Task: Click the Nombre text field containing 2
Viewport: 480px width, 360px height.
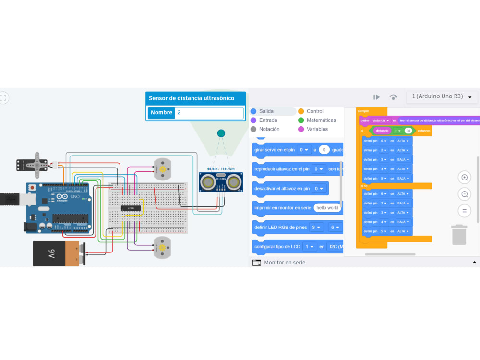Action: coord(209,113)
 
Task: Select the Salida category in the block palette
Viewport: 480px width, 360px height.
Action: coord(266,111)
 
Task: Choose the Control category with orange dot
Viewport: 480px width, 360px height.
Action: coord(314,111)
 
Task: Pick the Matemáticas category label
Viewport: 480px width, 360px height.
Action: coord(321,120)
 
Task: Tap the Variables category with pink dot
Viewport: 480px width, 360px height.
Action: coord(317,129)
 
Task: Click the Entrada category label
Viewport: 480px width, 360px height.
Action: coord(268,120)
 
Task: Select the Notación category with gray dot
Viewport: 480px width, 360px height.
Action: coord(269,129)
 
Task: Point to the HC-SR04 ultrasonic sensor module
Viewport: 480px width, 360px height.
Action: coord(221,182)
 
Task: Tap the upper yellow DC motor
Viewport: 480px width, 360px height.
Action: coord(162,169)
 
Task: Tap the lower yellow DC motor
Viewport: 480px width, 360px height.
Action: coord(162,247)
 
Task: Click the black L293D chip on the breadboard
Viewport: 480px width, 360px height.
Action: coord(131,208)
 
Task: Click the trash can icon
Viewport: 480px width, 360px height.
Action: coord(459,235)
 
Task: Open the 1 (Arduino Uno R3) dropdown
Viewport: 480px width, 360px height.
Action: coord(442,96)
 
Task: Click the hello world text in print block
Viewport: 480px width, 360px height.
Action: coord(327,208)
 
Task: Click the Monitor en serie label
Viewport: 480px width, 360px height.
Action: coord(284,263)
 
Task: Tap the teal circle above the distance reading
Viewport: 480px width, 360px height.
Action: coord(221,133)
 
